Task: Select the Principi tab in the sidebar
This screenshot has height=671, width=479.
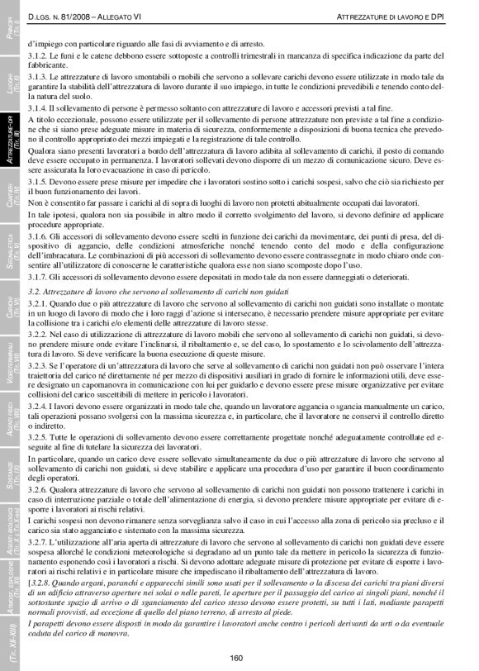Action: point(9,37)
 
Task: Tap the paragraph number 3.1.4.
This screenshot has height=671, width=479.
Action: point(38,108)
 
